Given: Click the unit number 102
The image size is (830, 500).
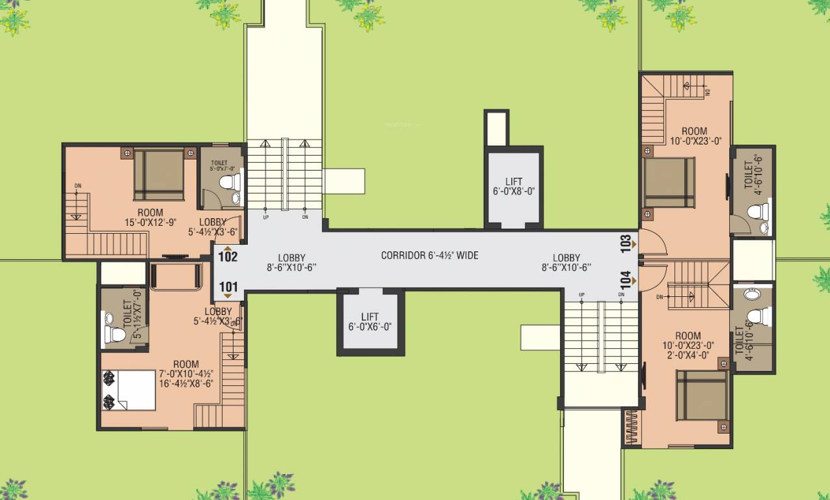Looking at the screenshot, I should pos(228,256).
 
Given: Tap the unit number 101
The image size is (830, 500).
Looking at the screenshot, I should pos(228,286).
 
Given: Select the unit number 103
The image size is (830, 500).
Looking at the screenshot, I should pos(626,243).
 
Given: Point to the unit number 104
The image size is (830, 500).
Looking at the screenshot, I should pos(626,281).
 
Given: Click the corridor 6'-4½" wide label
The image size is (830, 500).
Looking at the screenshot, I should pos(429,256).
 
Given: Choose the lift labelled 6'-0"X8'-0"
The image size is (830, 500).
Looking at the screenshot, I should pos(513,187).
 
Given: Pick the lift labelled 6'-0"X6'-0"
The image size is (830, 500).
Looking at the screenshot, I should pos(370,322).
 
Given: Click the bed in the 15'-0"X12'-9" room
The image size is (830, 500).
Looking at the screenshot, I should pos(159,174).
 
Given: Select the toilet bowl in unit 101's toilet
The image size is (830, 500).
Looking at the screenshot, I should pos(114,335).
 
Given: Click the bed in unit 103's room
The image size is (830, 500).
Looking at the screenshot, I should pos(669,182).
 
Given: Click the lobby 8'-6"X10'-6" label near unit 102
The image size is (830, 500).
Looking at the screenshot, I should pos(291,262).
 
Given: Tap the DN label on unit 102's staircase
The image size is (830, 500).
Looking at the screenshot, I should pos(77,187).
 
